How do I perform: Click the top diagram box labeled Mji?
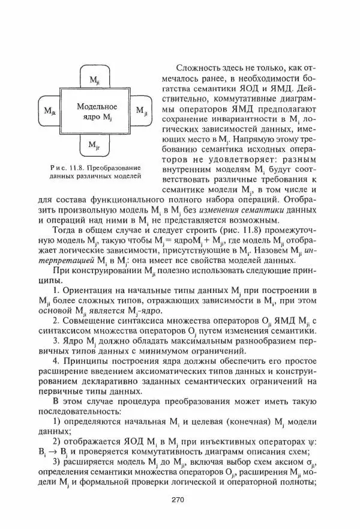click(95, 79)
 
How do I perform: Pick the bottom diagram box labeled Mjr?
click(95, 145)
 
